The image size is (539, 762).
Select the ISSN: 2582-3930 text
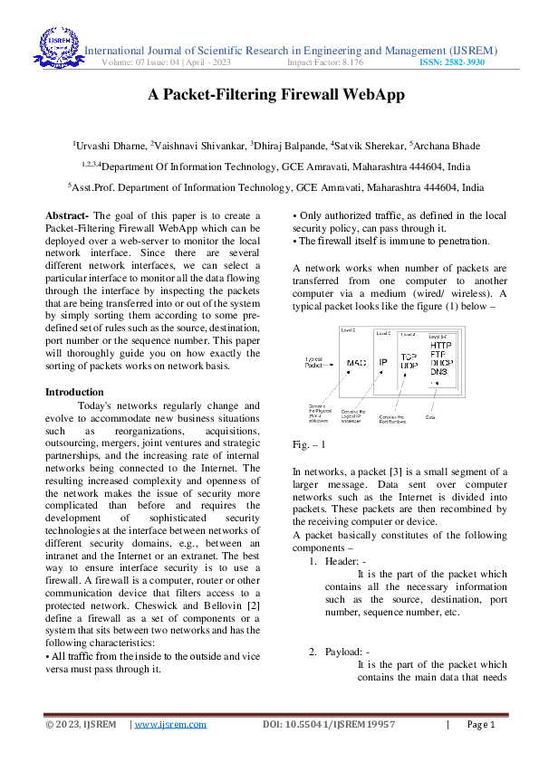[451, 63]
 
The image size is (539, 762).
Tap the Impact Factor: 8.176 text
[325, 63]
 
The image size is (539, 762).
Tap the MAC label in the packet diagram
[357, 364]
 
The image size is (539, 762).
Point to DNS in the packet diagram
[438, 372]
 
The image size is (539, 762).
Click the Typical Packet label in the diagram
[318, 362]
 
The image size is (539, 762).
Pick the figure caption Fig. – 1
[310, 446]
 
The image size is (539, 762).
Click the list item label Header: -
[345, 561]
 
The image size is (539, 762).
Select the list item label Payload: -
[347, 652]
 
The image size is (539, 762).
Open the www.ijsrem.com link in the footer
[170, 724]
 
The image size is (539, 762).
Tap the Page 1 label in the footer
[481, 724]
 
